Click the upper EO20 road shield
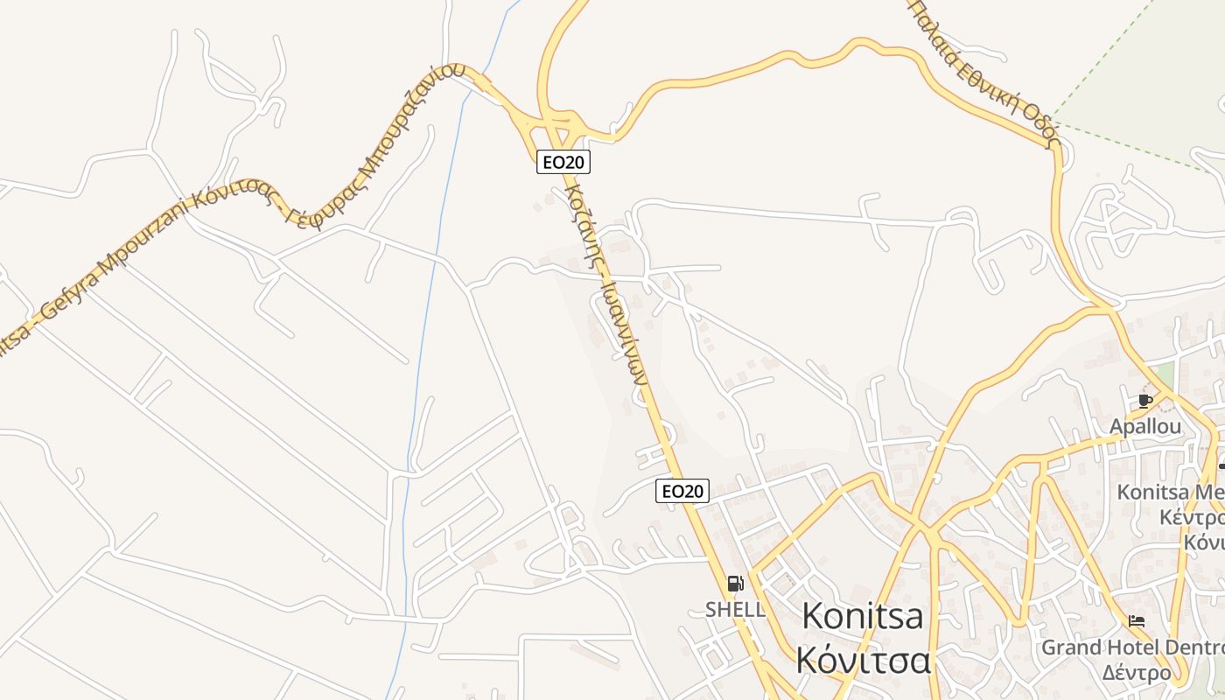pyautogui.click(x=563, y=162)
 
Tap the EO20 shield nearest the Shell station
pyautogui.click(x=682, y=491)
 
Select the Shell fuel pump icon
pyautogui.click(x=735, y=584)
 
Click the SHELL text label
pyautogui.click(x=735, y=609)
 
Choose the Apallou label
pyautogui.click(x=1145, y=427)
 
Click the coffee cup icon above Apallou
pyautogui.click(x=1144, y=401)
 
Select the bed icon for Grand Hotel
pyautogui.click(x=1137, y=621)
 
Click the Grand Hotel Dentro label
pyautogui.click(x=1132, y=648)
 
